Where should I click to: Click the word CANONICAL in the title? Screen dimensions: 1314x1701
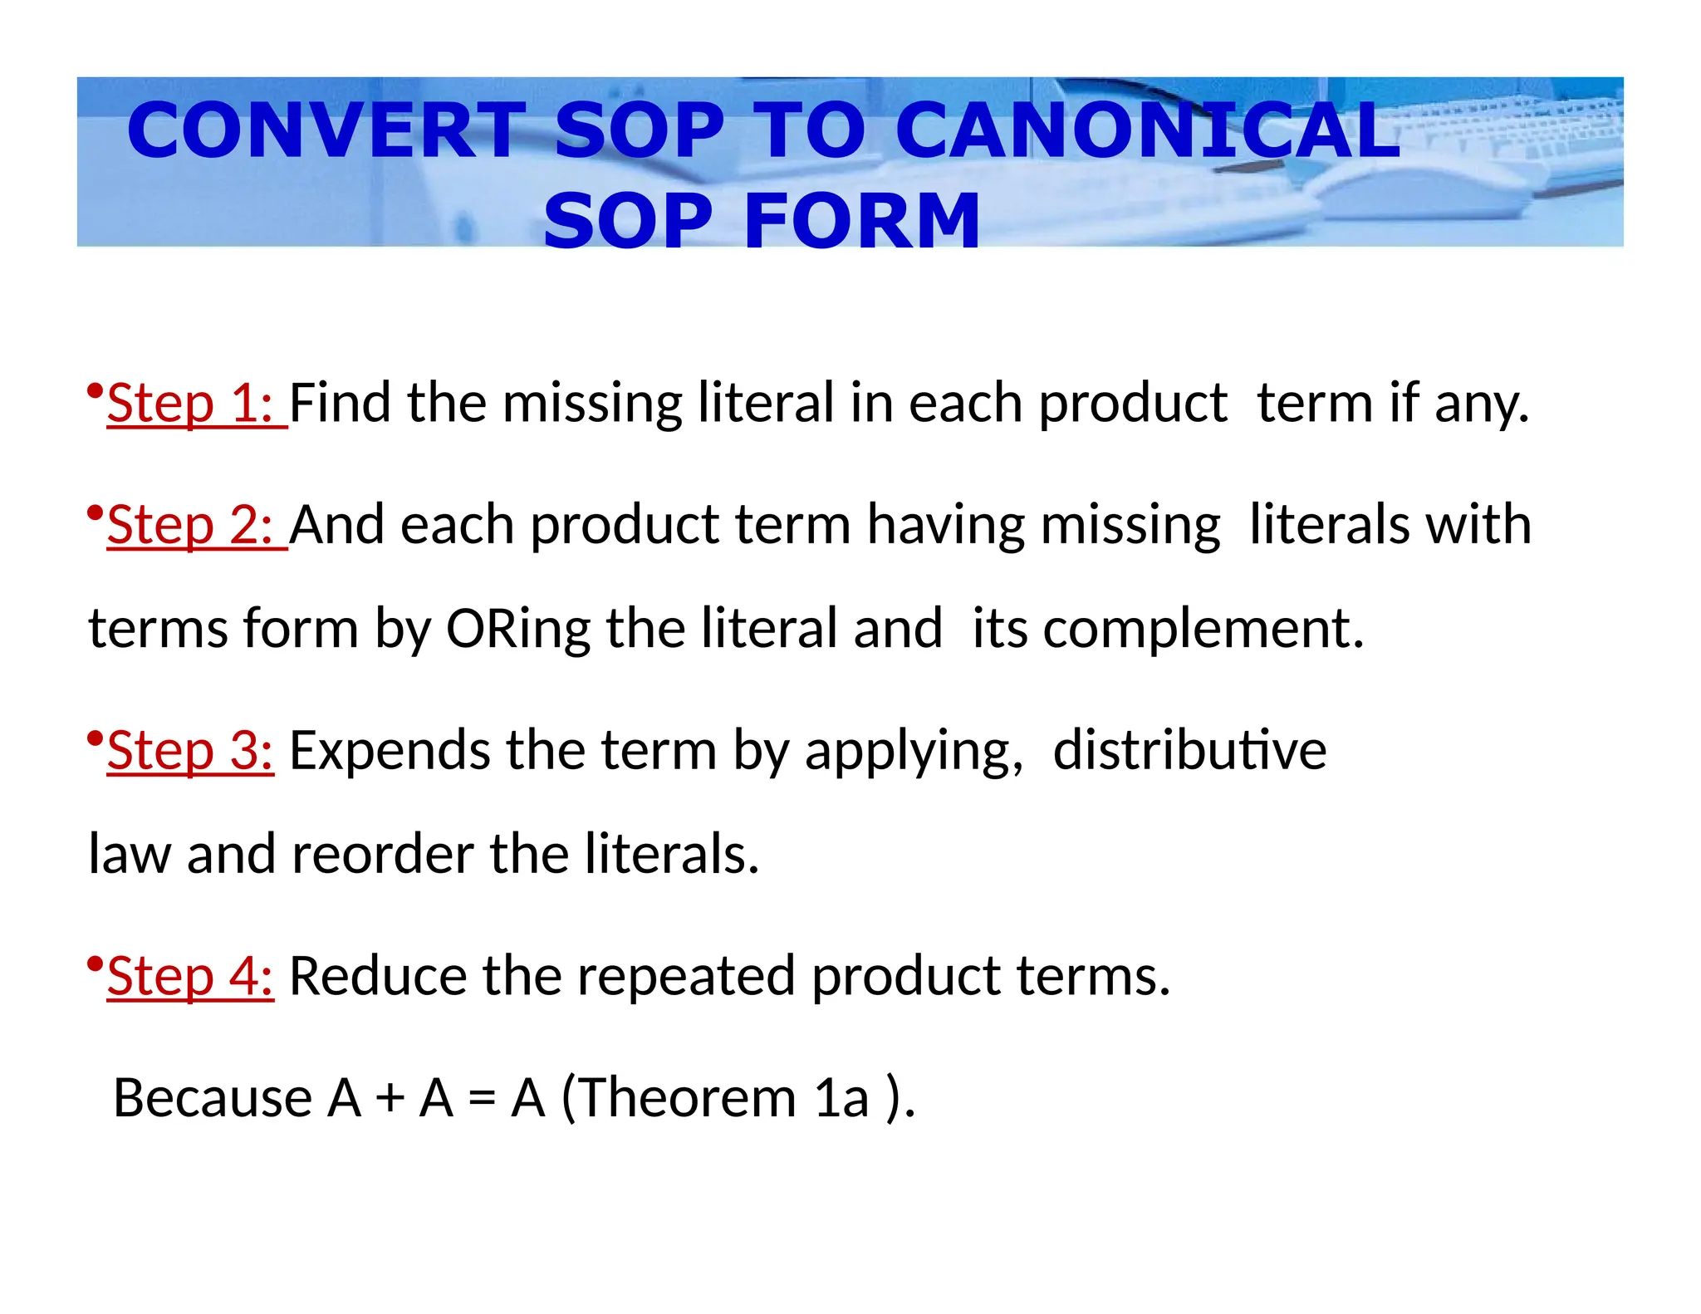(x=1148, y=130)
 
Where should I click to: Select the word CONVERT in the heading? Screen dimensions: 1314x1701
(x=327, y=130)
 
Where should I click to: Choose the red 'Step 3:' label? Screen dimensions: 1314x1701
(x=190, y=750)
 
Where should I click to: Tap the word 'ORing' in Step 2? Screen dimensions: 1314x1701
(x=518, y=629)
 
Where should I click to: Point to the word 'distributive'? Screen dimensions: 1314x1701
(x=1189, y=750)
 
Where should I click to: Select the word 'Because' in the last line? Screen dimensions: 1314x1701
(x=213, y=1097)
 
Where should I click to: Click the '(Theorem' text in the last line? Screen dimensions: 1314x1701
(x=679, y=1097)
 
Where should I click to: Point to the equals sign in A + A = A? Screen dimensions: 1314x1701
(x=483, y=1099)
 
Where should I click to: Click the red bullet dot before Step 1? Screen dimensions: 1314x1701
(x=95, y=390)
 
